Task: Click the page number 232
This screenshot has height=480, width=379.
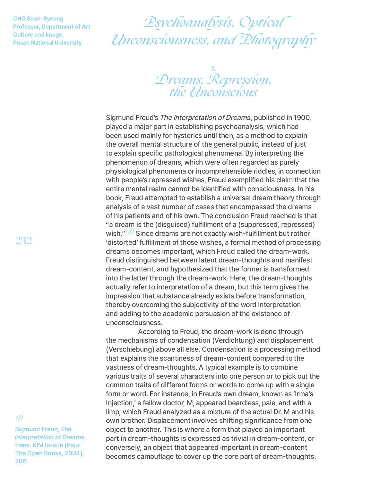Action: (x=23, y=241)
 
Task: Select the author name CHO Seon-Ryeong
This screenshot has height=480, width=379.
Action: (x=38, y=19)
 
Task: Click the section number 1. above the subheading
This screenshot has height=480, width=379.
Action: (x=213, y=68)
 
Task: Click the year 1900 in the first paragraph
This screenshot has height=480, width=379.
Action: (x=301, y=118)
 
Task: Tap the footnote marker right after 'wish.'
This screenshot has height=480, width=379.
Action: (x=129, y=232)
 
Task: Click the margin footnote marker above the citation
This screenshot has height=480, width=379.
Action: (x=19, y=418)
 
